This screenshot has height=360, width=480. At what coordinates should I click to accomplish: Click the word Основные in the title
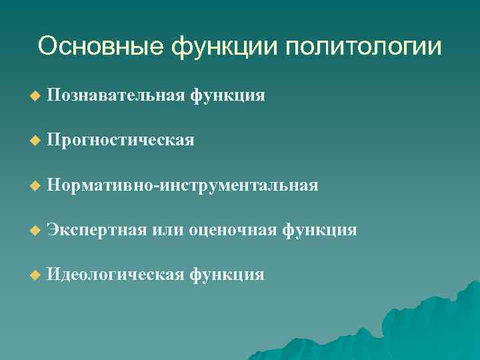pos(101,47)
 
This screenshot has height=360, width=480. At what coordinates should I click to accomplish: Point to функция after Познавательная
pos(227,96)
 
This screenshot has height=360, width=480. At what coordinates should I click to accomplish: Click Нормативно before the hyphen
pos(100,185)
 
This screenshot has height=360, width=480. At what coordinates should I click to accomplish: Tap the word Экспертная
pos(97,230)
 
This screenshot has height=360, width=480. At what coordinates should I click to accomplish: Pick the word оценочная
pos(233,230)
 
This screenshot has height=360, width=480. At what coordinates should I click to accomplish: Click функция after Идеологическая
pos(227,275)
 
